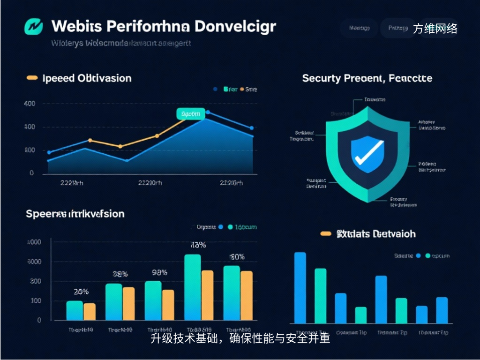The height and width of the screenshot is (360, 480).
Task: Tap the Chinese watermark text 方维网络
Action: click(435, 29)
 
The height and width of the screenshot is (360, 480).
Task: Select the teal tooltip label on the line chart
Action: click(191, 113)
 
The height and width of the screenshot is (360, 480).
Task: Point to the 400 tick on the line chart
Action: click(29, 104)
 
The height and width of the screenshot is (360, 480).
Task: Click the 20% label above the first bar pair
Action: click(81, 292)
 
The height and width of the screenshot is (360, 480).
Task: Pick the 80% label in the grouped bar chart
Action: click(237, 256)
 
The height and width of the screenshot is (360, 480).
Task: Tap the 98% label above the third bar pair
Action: click(159, 272)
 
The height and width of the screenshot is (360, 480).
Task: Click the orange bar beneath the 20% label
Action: click(90, 312)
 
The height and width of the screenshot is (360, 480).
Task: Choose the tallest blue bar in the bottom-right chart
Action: click(300, 287)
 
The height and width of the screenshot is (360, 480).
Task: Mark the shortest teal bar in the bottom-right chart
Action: click(361, 315)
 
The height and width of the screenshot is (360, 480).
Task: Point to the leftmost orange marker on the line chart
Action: click(90, 140)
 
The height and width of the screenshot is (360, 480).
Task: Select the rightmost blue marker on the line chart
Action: click(251, 128)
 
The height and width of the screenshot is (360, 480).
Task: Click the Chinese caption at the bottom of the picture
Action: click(240, 338)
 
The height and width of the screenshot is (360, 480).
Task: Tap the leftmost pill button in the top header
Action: click(360, 28)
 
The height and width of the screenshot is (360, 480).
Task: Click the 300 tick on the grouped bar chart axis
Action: click(36, 281)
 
